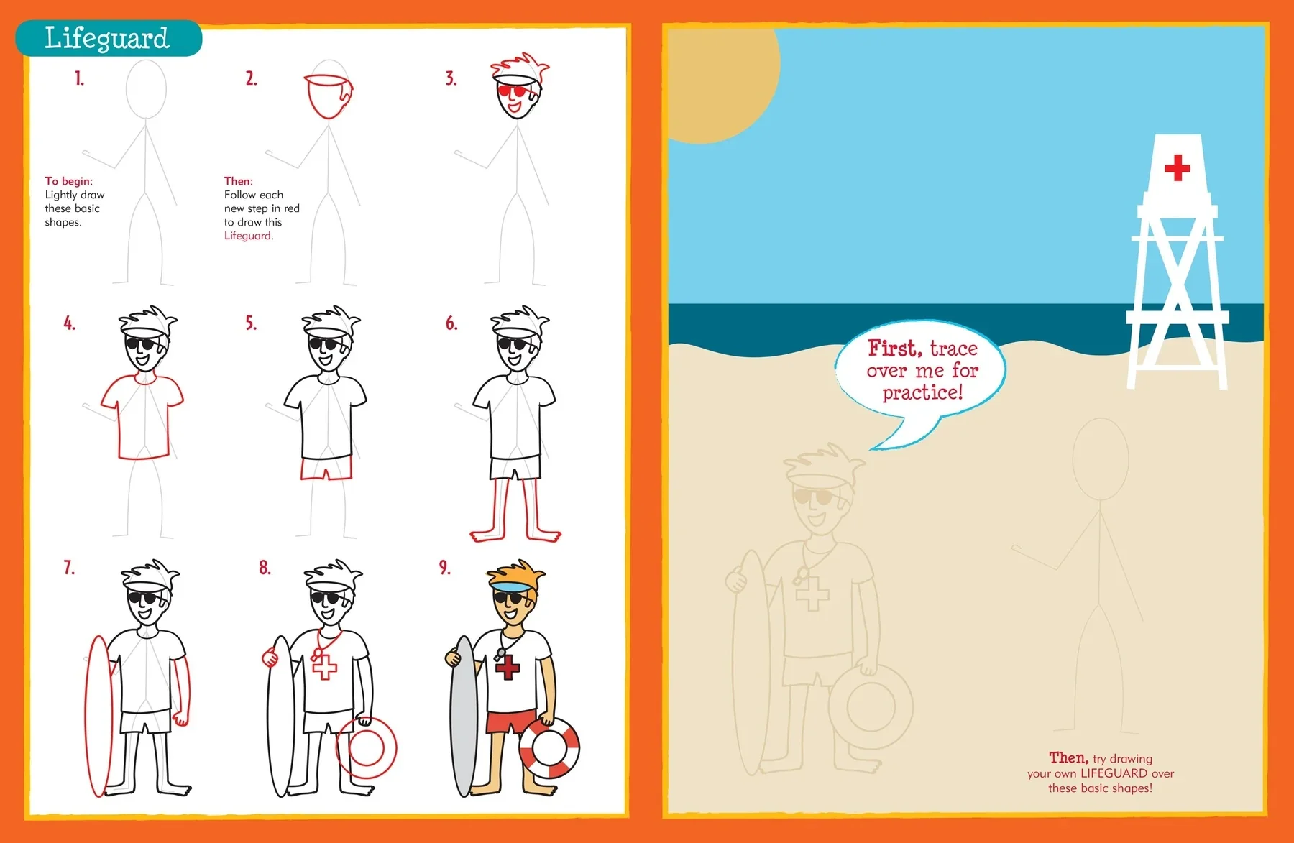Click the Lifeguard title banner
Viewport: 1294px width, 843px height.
pos(109,38)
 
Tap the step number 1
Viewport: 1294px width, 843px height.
pos(79,78)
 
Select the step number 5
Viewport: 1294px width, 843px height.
pos(251,323)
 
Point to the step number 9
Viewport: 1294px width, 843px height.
pos(445,568)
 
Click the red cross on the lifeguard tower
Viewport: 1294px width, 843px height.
pos(1177,167)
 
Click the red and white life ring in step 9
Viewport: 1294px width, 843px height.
pos(550,748)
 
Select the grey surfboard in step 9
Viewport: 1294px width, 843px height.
pos(463,716)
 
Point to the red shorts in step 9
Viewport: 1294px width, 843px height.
pos(511,720)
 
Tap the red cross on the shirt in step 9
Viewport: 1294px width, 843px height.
pos(508,667)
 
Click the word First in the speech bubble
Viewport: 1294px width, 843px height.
pos(895,349)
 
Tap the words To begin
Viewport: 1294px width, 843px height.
pos(69,181)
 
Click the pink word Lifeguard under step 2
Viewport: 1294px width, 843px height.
pos(248,236)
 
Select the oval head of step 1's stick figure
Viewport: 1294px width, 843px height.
pos(146,89)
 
